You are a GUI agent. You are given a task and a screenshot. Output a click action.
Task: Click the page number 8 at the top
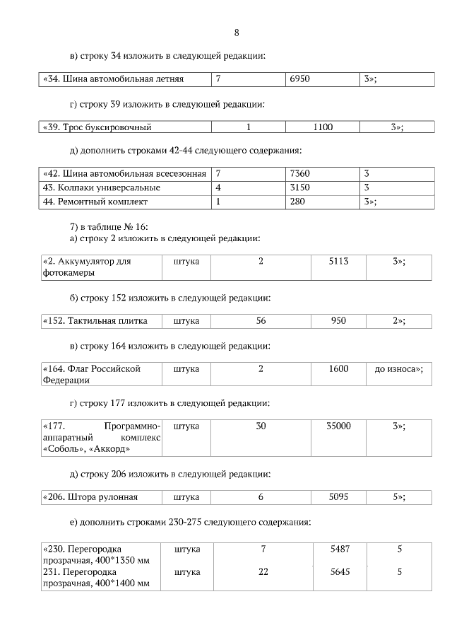237,33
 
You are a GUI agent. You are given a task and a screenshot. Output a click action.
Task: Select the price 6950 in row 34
300,80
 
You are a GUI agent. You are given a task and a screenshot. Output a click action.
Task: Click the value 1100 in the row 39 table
323,127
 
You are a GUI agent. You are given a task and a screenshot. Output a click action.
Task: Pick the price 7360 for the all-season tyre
300,174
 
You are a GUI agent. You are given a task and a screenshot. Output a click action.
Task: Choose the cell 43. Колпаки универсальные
102,187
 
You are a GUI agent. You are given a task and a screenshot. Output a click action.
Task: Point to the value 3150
300,187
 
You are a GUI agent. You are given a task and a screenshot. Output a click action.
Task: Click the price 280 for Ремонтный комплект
296,202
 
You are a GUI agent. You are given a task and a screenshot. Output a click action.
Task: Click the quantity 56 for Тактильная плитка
261,321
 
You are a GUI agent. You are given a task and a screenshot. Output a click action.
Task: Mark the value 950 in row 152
338,321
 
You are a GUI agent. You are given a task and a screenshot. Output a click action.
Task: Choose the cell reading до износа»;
399,369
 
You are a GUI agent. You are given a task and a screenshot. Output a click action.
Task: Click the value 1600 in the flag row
338,369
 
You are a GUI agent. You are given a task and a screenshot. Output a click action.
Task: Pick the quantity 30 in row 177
261,426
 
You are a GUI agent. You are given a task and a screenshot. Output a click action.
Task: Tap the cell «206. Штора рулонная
90,497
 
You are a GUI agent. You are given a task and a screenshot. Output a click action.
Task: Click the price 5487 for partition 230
340,549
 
